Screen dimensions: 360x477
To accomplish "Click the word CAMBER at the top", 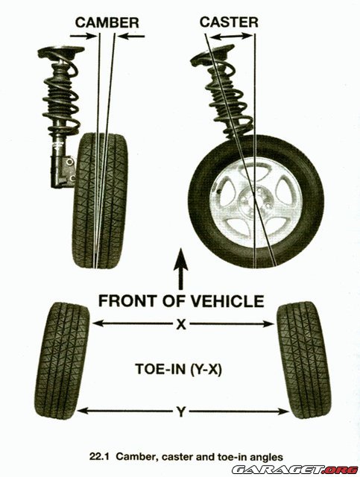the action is tap(107, 23).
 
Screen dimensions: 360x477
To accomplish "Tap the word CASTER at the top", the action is tap(229, 22).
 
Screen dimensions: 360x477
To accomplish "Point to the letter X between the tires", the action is tap(181, 325).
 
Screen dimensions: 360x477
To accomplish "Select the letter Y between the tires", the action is tap(181, 412).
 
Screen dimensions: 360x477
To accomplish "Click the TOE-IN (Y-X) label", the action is tap(179, 370).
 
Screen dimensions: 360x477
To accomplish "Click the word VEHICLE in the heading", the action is tap(233, 301).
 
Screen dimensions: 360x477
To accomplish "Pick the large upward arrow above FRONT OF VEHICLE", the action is tap(181, 268).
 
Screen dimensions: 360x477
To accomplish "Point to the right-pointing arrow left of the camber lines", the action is tap(83, 37).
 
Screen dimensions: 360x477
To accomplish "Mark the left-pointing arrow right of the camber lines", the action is tap(131, 37).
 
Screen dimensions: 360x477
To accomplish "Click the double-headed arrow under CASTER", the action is tap(231, 37).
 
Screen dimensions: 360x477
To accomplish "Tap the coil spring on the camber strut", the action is tap(62, 91).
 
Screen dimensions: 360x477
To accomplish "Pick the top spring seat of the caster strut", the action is tap(212, 54).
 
